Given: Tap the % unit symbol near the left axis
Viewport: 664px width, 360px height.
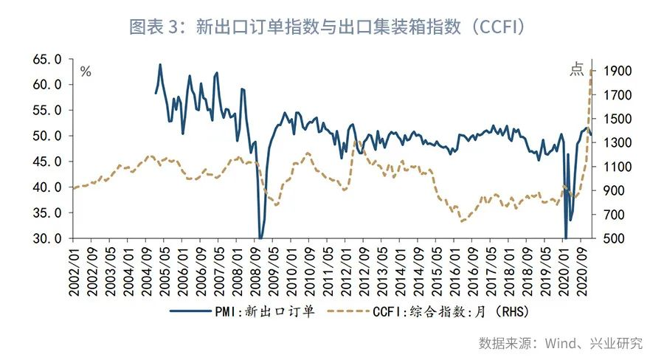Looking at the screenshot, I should [x=86, y=72].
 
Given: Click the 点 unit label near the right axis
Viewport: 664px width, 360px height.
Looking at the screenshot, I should [x=576, y=70].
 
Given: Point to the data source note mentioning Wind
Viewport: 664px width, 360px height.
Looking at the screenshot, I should [x=561, y=343].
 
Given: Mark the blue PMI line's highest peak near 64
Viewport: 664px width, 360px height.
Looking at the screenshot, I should [x=160, y=64].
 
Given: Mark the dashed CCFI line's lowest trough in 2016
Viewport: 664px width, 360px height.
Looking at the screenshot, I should [x=462, y=221].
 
